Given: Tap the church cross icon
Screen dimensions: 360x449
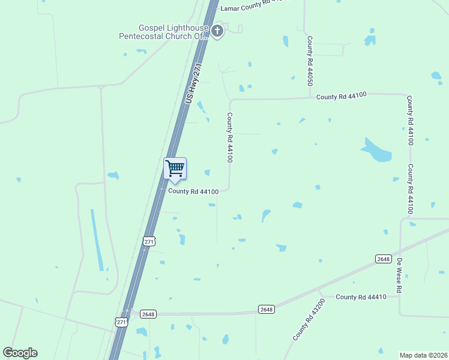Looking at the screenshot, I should click(x=217, y=31).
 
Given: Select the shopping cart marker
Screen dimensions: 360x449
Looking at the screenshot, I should click(x=175, y=169).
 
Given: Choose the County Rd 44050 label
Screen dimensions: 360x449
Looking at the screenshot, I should click(x=310, y=61).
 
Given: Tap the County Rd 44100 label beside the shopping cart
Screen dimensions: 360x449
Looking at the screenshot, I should click(x=193, y=191).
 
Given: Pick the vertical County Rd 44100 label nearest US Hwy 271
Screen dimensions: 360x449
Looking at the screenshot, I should click(x=229, y=137).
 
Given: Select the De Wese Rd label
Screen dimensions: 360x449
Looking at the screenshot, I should click(x=399, y=275).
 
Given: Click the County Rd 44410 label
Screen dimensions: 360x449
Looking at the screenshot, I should click(x=360, y=297).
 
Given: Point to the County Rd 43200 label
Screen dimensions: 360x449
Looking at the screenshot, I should click(x=309, y=320).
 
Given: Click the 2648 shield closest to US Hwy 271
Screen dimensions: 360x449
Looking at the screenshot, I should click(x=148, y=314).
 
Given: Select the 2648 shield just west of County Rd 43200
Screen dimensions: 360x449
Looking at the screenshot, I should click(x=267, y=310).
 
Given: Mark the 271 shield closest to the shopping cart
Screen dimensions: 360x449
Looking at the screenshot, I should click(x=149, y=241).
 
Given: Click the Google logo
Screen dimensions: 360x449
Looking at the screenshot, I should click(x=20, y=353).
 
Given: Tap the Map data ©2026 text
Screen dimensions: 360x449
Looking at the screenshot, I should click(x=423, y=355).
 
